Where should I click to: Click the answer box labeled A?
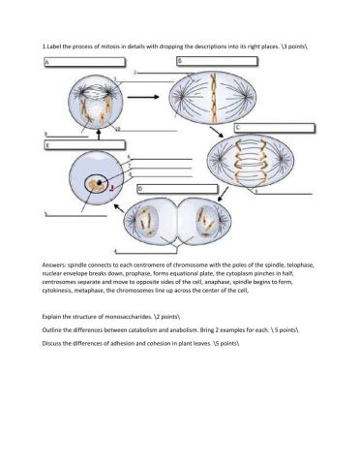pyautogui.click(x=82, y=62)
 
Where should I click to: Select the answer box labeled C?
pyautogui.click(x=275, y=127)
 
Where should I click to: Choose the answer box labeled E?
pyautogui.click(x=82, y=145)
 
